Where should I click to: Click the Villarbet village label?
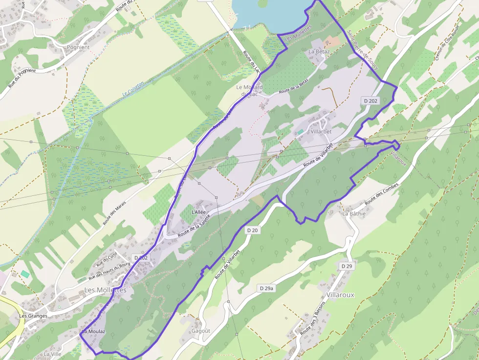321,132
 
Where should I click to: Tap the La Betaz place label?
320,51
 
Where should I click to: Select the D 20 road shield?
252,230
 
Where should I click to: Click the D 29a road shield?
266,288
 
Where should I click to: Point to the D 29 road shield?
347,266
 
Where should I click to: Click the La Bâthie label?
354,213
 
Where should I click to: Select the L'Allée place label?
199,212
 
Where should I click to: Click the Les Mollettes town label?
105,290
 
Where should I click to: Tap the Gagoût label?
201,331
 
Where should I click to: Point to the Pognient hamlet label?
78,47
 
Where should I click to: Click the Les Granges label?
33,316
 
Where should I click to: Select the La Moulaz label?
93,331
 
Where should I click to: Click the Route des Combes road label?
382,193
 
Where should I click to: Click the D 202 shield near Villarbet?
370,101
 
